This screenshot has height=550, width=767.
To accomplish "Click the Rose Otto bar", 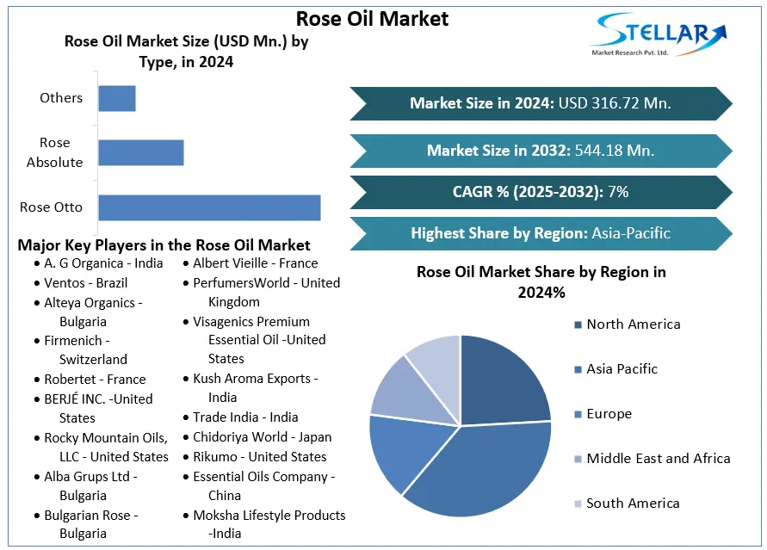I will point(209,207).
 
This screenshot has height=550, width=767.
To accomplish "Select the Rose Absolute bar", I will point(140,152).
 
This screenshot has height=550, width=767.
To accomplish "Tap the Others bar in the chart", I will point(117,98).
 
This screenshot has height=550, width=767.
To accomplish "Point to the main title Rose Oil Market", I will point(372,18).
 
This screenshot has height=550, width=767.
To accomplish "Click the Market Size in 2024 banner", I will point(541,103).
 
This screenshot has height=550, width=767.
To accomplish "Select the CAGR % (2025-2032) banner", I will point(541,192).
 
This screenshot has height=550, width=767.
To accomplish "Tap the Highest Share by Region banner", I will point(541,233).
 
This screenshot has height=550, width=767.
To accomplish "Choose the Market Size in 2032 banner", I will point(541,151).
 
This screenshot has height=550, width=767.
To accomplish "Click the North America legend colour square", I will point(577,324).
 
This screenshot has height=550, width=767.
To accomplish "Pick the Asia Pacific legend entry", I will point(622,369).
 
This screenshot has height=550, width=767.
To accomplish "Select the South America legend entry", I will point(633,504).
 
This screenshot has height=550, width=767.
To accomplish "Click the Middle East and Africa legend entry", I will point(658,459).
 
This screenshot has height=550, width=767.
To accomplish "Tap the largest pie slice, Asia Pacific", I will point(482,465).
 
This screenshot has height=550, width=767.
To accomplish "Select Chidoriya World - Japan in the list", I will point(262,437).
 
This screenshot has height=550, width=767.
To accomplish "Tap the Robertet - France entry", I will point(95,380).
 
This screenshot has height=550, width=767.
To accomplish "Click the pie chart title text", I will point(541,281).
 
